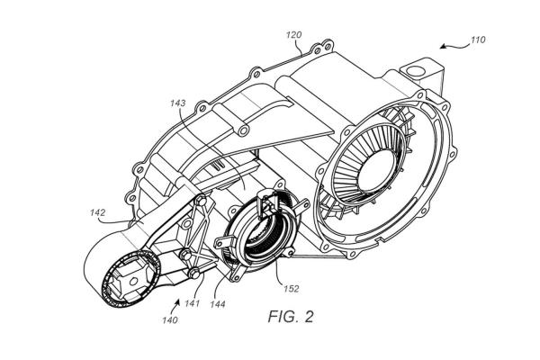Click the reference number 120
293,35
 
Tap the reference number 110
478,40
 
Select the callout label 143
177,103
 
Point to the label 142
97,212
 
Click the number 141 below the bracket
193,303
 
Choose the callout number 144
218,304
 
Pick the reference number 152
292,289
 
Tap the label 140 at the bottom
170,320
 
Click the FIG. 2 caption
291,317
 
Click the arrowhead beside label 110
443,47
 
